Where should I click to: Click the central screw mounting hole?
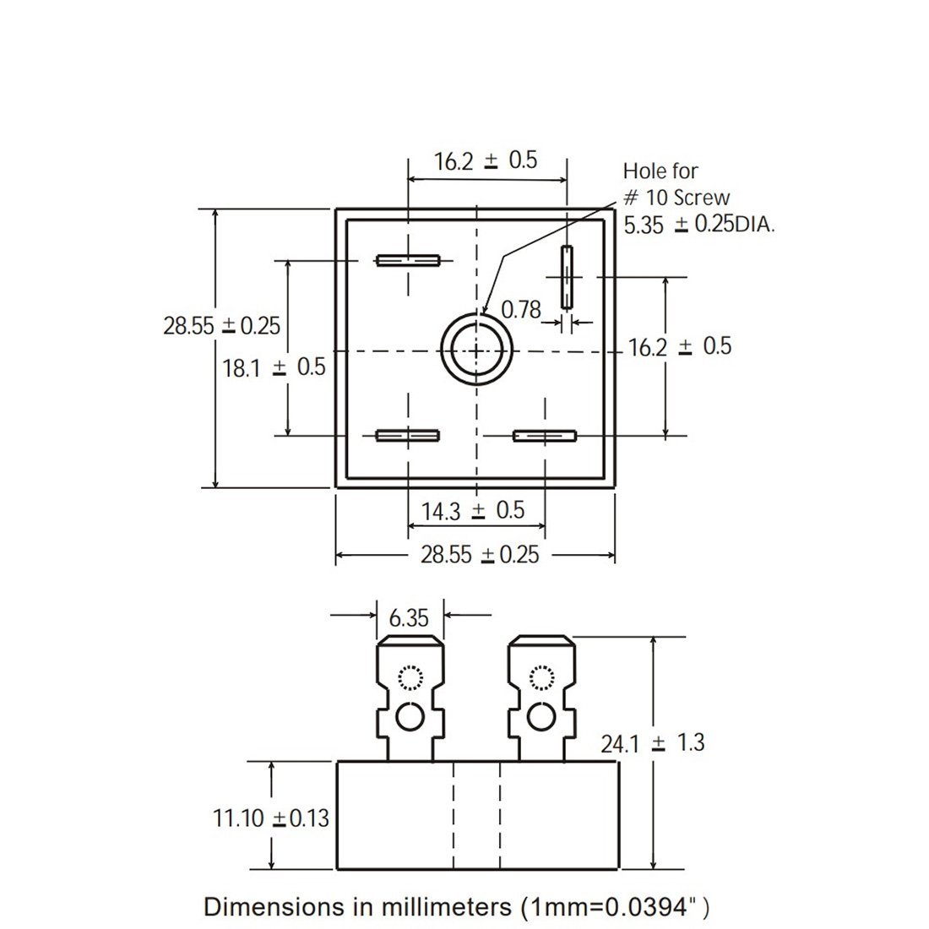(476, 350)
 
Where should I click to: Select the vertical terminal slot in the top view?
(566, 278)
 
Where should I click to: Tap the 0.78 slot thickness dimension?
(521, 310)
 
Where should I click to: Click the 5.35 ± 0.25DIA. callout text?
(698, 225)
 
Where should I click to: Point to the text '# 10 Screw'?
(676, 198)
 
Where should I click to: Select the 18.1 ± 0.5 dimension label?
(274, 367)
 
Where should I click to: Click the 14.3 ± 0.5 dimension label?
(473, 510)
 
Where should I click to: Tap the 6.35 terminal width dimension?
(410, 617)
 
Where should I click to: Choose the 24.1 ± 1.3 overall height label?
(652, 743)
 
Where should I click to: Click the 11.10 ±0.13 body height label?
(270, 818)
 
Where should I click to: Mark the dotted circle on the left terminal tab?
(410, 677)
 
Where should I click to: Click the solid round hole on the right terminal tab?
(541, 718)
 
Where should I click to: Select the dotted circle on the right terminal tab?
(541, 677)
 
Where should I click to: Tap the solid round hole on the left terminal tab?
(410, 718)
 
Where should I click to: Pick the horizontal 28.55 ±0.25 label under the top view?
(480, 555)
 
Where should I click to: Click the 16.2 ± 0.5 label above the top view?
(486, 160)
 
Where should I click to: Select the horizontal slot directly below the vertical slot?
(545, 436)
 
